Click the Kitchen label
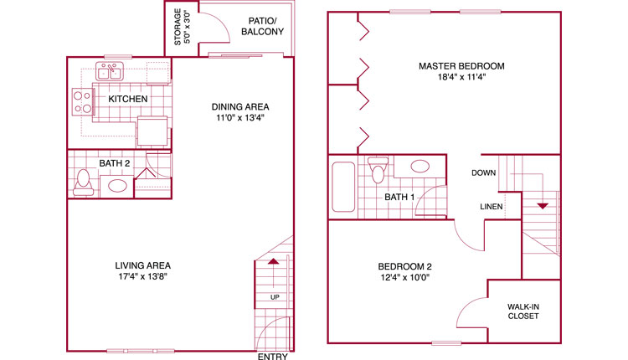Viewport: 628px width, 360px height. [x=128, y=99]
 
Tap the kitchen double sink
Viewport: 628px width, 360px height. [x=110, y=72]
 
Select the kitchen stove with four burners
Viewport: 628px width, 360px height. [x=83, y=102]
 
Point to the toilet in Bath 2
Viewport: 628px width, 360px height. [x=83, y=183]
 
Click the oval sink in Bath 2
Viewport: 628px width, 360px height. [x=117, y=186]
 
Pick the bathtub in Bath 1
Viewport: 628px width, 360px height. [x=343, y=187]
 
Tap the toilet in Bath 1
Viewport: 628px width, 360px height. [x=378, y=170]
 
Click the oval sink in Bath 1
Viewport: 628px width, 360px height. [x=420, y=166]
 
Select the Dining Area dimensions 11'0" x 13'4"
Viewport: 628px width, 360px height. [x=240, y=118]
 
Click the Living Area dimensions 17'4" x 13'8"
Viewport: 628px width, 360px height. [x=142, y=276]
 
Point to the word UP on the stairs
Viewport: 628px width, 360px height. [x=275, y=297]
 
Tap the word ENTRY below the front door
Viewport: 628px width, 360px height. [x=273, y=357]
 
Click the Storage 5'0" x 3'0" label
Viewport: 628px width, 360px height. [x=182, y=27]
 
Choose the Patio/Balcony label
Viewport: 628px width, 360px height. [x=262, y=26]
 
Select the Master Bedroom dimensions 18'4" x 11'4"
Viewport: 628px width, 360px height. [x=461, y=77]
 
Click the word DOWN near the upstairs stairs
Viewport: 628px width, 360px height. [x=483, y=173]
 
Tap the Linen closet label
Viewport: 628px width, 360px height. [x=492, y=207]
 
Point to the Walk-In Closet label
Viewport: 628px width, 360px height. [x=523, y=311]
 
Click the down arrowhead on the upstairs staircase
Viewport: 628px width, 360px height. [x=543, y=206]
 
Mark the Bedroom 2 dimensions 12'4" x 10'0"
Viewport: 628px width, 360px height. [x=405, y=277]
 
